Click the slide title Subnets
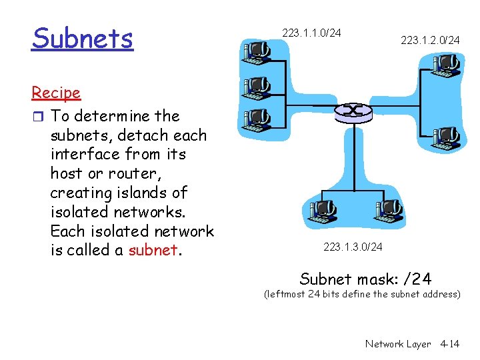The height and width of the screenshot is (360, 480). pyautogui.click(x=82, y=39)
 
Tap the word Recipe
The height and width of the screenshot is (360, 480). pyautogui.click(x=56, y=93)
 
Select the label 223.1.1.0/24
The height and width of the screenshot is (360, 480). pyautogui.click(x=311, y=32)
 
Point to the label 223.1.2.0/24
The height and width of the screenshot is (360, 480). pyautogui.click(x=430, y=41)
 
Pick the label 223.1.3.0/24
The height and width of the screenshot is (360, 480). pyautogui.click(x=353, y=247)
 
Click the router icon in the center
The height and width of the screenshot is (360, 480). pyautogui.click(x=353, y=111)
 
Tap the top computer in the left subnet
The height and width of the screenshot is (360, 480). pyautogui.click(x=256, y=53)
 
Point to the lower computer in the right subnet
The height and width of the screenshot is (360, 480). pyautogui.click(x=445, y=138)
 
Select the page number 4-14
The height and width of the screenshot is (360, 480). pyautogui.click(x=450, y=344)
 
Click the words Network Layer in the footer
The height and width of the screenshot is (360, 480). pyautogui.click(x=398, y=344)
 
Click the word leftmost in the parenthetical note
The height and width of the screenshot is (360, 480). pyautogui.click(x=285, y=293)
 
